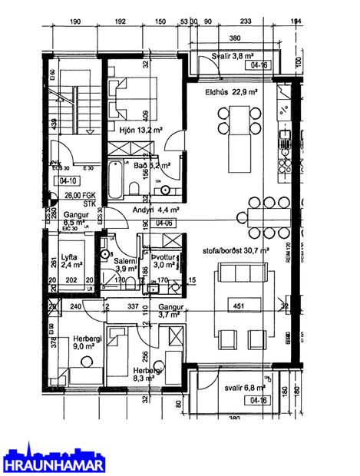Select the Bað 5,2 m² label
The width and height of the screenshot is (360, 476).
point(151,164)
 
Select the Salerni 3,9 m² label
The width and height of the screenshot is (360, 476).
point(127,265)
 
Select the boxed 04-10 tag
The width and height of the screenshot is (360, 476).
point(67,181)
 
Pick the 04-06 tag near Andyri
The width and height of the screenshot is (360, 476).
point(163,222)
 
